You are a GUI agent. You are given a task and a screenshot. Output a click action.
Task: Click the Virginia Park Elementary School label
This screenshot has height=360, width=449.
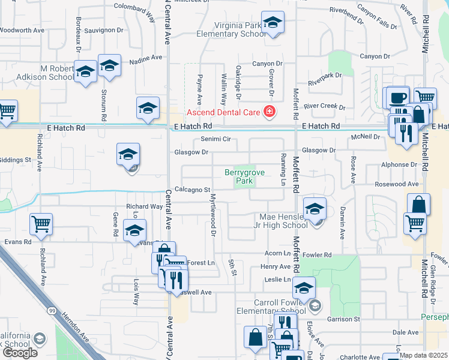pos(241,30)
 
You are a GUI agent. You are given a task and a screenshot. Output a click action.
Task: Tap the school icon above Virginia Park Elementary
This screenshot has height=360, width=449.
pos(273,23)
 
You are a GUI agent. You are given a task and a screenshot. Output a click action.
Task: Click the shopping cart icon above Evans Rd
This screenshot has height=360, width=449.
pos(41,225)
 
